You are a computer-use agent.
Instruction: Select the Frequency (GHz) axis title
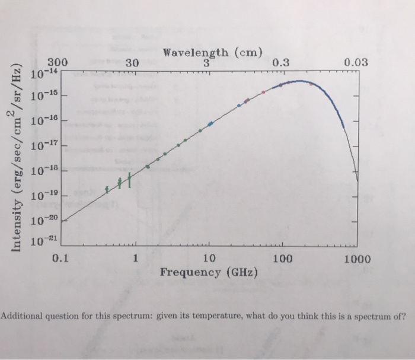209,272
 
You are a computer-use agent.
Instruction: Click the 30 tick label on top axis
132,62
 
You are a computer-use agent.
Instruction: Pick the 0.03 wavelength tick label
355,62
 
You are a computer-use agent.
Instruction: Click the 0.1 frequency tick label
60,259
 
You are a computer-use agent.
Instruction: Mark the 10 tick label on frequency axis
209,259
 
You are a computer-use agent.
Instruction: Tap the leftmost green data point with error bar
107,190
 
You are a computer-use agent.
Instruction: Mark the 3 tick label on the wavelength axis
206,62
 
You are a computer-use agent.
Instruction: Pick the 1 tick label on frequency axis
135,259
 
